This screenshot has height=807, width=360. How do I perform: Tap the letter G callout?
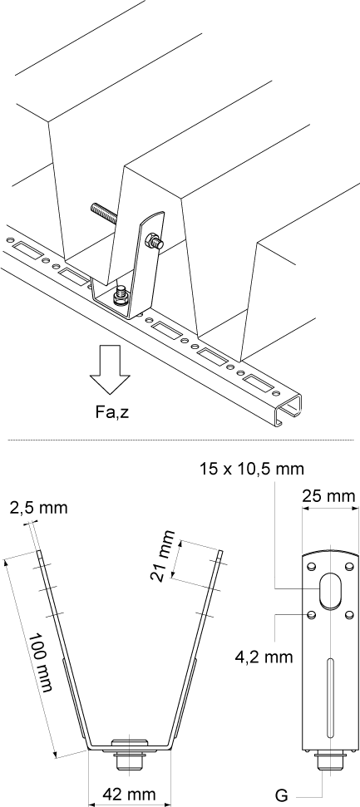[x=282, y=795]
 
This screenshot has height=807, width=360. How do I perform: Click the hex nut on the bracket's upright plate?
[x=151, y=242]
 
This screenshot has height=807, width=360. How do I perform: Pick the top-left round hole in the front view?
[x=311, y=565]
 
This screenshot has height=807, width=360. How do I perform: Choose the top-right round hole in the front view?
[x=350, y=565]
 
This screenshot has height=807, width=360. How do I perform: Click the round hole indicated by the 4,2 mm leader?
[x=311, y=615]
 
